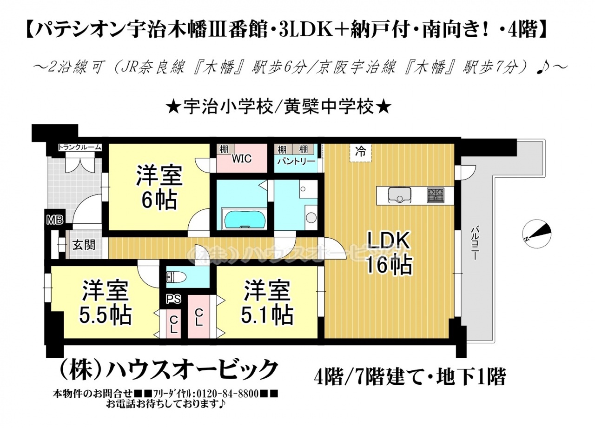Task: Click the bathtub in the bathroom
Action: (245, 219)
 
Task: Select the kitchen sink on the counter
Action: (399, 195)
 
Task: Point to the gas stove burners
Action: (436, 195)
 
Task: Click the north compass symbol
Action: (536, 234)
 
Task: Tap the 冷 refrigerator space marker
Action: (360, 152)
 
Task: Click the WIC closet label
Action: (241, 159)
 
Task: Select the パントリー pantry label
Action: (296, 161)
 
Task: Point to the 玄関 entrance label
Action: (84, 245)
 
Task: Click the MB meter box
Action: (55, 220)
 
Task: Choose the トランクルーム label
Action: (79, 147)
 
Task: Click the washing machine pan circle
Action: (311, 218)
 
